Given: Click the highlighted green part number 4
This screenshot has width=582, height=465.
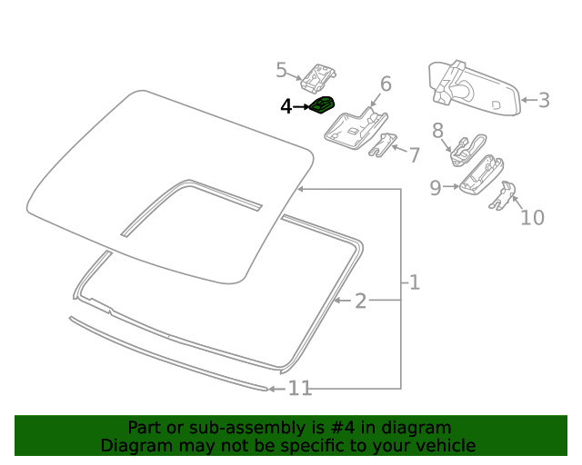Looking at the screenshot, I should [322, 106].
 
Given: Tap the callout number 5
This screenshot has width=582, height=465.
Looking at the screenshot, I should [282, 70].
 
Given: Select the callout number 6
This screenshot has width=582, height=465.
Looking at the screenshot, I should [386, 84].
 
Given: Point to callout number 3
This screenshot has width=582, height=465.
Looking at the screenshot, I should [544, 100].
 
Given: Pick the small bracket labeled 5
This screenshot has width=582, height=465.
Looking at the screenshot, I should [319, 77].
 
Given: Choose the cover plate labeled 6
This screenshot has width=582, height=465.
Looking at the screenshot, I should [356, 127].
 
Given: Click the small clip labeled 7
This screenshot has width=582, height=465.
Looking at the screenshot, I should [385, 146].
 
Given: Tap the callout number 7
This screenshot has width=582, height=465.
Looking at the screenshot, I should [414, 155].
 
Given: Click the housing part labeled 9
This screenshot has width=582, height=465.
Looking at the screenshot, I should [481, 173].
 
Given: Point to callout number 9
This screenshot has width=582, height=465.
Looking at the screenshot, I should [436, 188].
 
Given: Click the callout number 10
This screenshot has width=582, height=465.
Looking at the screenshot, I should [531, 217].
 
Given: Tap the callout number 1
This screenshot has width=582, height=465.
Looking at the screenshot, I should [414, 283].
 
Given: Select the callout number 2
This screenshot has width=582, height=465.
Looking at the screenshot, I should [360, 301].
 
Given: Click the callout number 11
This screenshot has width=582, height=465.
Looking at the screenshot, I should [300, 389].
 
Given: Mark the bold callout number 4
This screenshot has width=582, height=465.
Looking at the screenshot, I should [286, 107].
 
